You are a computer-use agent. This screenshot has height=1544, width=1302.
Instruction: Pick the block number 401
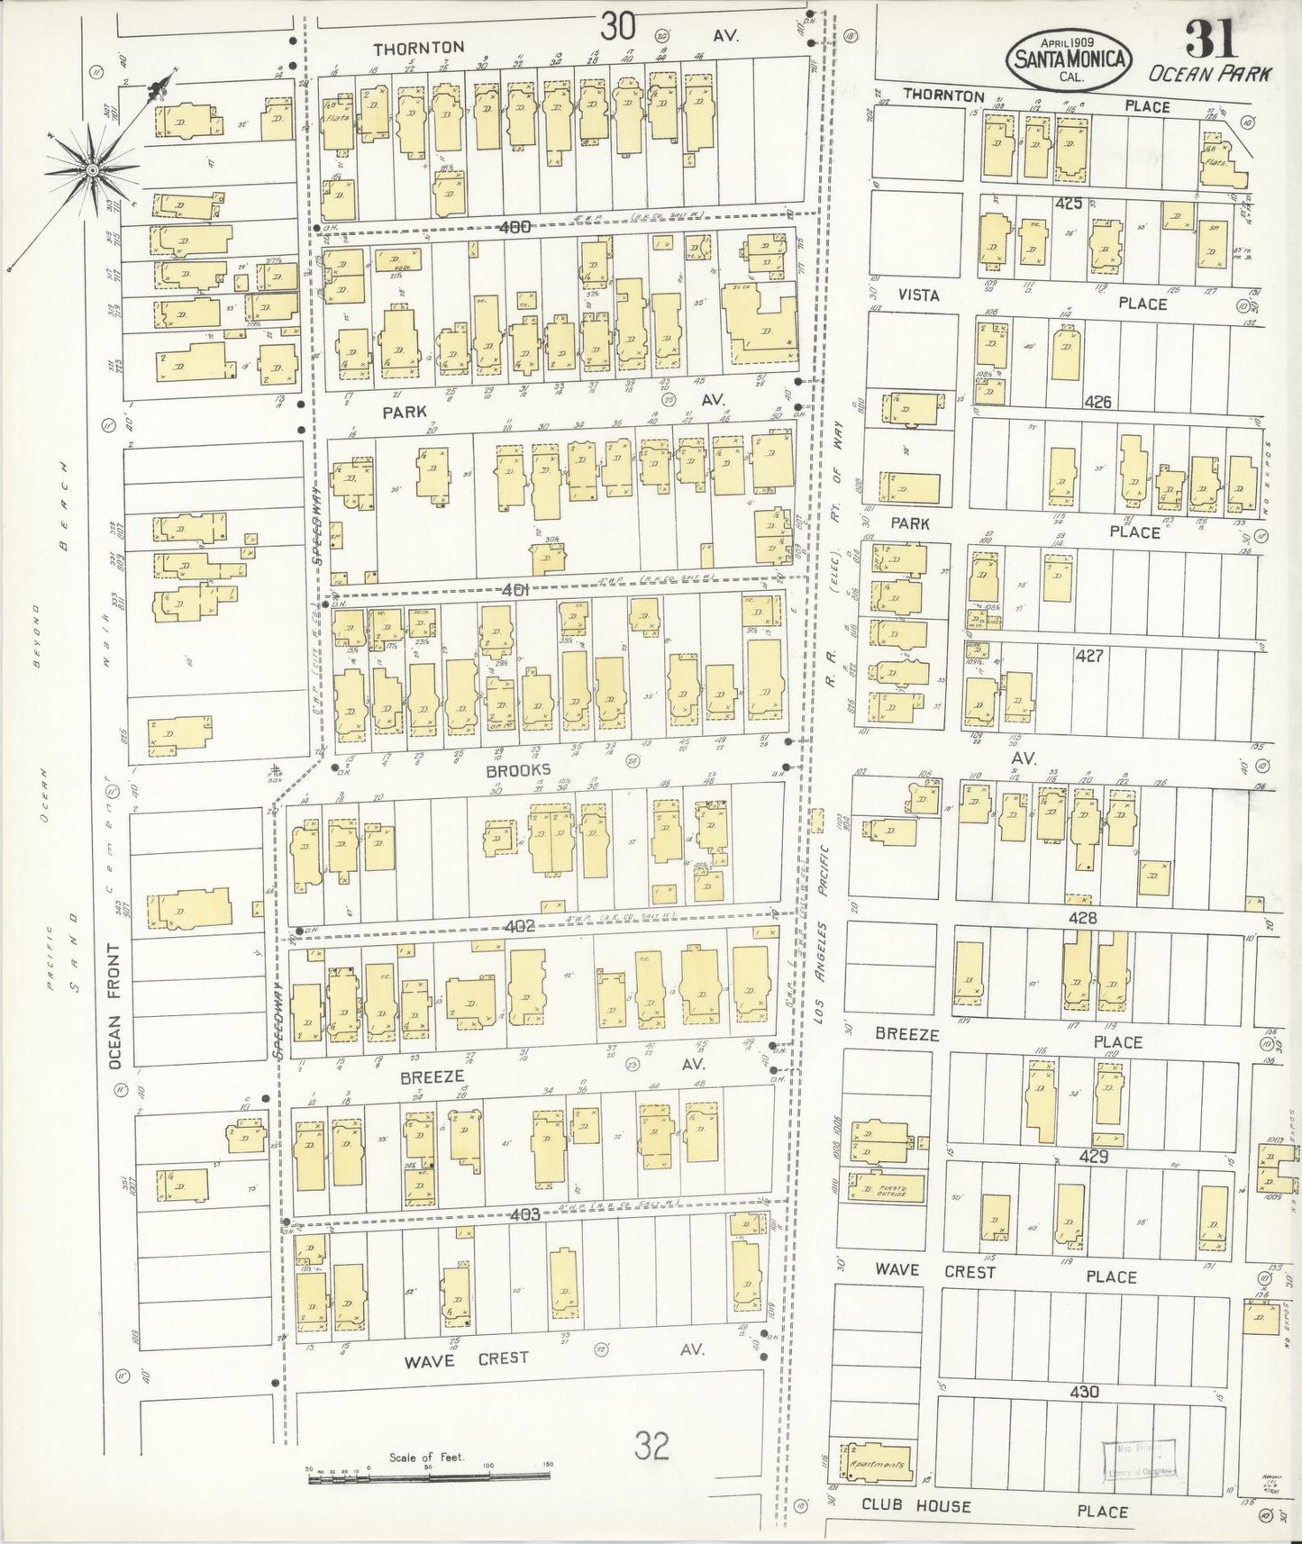click(x=520, y=590)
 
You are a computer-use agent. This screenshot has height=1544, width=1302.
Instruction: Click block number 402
click(x=520, y=925)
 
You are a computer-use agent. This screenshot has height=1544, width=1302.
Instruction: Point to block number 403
click(x=523, y=1214)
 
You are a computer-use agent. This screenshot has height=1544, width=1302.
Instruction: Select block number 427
click(x=1088, y=656)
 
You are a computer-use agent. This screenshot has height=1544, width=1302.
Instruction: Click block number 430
click(x=1084, y=1392)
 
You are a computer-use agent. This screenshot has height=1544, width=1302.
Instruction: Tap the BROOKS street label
click(x=518, y=770)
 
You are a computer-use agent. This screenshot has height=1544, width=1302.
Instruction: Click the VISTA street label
click(x=918, y=295)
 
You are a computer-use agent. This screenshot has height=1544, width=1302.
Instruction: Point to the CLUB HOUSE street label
click(x=916, y=1505)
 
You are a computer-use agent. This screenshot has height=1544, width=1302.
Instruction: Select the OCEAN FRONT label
click(x=114, y=1007)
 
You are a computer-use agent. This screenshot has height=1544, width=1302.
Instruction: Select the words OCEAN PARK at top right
click(x=1212, y=75)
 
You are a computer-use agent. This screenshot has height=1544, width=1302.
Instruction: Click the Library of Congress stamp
click(x=1139, y=1458)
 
